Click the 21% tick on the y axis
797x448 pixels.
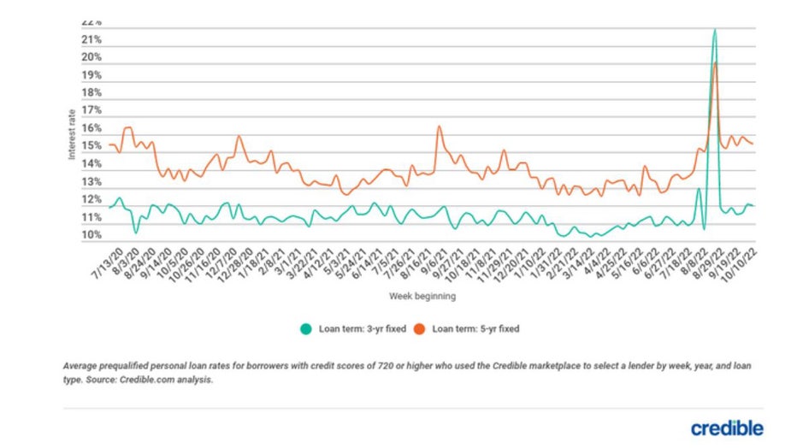(x=92, y=40)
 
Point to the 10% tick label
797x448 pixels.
(x=92, y=235)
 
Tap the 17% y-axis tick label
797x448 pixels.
(x=92, y=111)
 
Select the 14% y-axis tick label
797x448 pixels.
(x=92, y=164)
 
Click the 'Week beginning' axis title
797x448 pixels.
(x=422, y=297)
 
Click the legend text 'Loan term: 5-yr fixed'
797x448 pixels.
(x=475, y=328)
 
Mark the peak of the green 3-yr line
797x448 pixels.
(x=714, y=30)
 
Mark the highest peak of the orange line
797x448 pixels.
(x=716, y=62)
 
